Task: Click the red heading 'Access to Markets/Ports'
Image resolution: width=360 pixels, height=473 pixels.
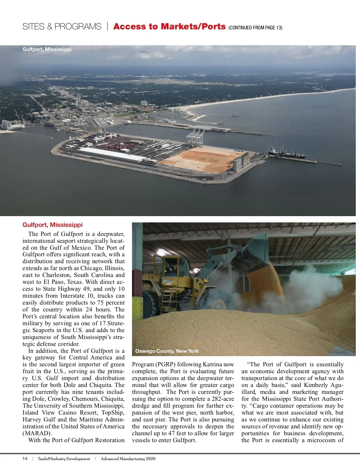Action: coord(169,26)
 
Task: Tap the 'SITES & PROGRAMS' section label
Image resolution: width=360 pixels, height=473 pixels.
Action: coord(62,27)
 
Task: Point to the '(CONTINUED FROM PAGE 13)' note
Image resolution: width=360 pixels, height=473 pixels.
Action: coord(255,28)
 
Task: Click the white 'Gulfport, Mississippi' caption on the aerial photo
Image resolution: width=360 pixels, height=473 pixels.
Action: coord(47,49)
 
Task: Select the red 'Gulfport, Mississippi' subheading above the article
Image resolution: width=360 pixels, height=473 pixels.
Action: coord(52,225)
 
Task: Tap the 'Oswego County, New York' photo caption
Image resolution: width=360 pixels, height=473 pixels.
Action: coord(167,351)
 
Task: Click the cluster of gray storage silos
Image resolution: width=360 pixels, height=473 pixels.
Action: coord(241,162)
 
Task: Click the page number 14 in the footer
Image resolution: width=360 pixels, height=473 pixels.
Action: coord(25,459)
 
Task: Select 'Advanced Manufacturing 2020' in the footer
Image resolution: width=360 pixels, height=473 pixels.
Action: coord(128,459)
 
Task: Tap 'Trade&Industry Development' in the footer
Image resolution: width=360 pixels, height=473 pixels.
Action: coord(64,459)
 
